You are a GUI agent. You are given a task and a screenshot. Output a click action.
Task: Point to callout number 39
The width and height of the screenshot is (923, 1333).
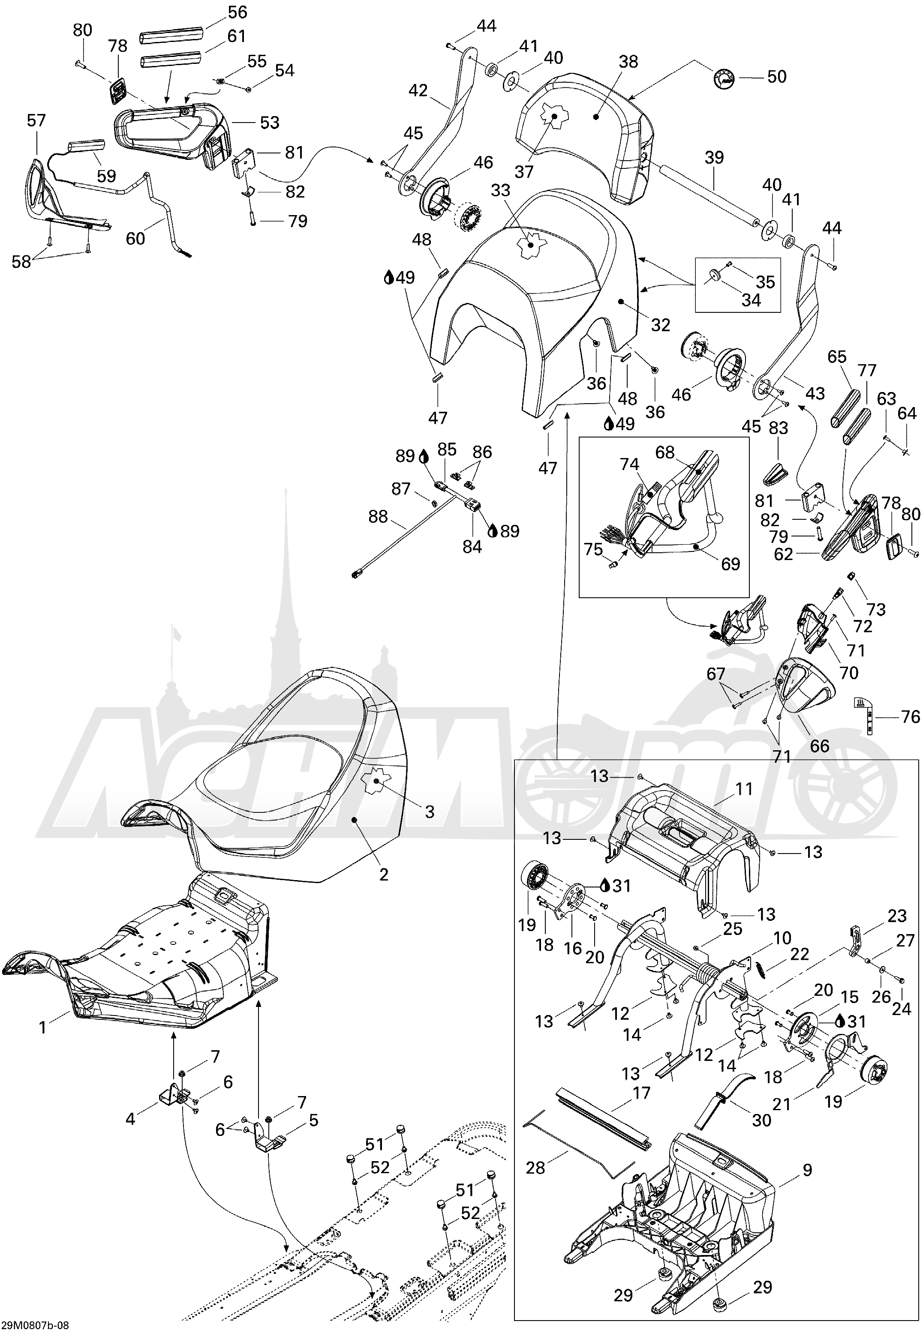coord(714,158)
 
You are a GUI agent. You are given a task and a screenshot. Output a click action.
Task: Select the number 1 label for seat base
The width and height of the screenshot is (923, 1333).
coord(42,1027)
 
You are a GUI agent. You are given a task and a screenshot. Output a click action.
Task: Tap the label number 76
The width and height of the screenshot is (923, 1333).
coord(910,717)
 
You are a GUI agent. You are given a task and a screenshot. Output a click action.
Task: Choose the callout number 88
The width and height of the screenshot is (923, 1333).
coord(378,516)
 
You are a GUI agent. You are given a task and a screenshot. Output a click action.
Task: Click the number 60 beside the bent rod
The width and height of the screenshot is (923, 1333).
coord(135,237)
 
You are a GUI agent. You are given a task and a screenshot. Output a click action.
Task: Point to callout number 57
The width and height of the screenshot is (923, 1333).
coord(36,120)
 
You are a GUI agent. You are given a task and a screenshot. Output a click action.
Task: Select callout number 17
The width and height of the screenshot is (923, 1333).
coord(641,1093)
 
